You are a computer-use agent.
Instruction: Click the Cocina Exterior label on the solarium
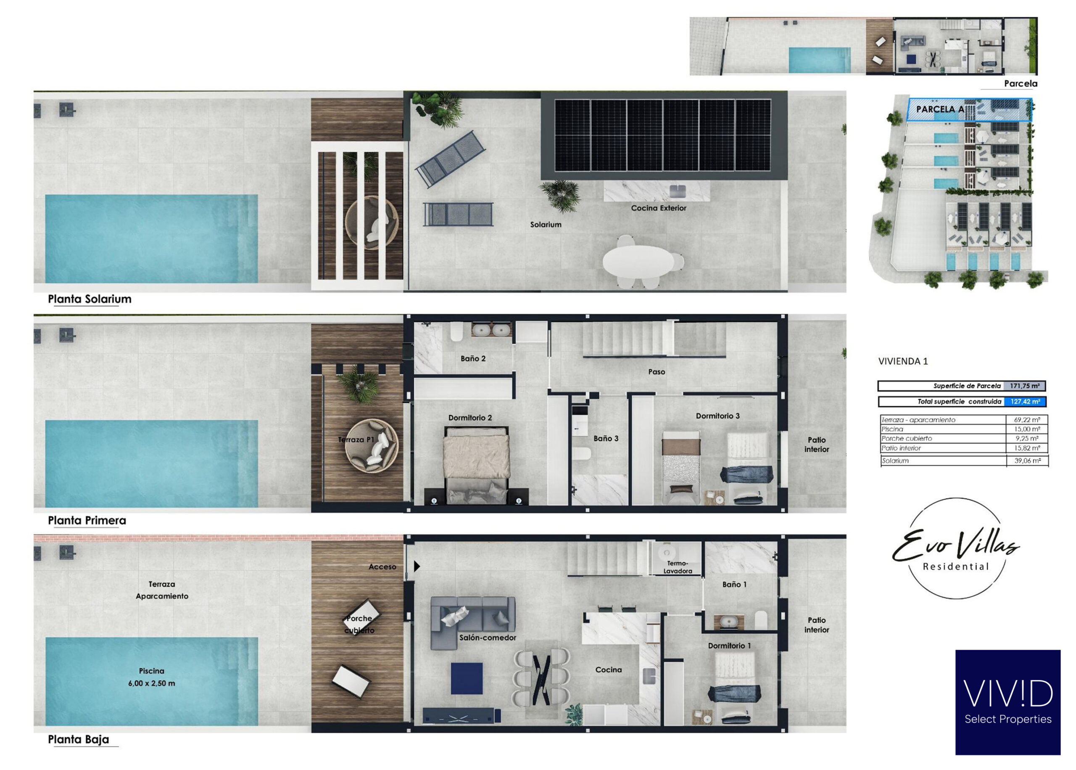[x=658, y=208]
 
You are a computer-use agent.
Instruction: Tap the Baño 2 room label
[x=473, y=358]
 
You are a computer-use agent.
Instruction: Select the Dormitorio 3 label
[x=717, y=416]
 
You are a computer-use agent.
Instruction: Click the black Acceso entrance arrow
[x=417, y=566]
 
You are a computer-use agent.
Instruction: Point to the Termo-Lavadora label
[x=678, y=567]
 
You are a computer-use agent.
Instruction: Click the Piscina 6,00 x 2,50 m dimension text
[x=152, y=677]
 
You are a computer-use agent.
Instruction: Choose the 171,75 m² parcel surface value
[x=1024, y=386]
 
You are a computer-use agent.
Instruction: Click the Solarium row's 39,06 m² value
[x=1027, y=460]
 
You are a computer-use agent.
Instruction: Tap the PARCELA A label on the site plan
[x=940, y=109]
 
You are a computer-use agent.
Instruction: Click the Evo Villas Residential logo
[x=956, y=548]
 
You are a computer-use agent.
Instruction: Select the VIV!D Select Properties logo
[x=1008, y=702]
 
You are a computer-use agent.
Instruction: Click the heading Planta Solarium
[x=90, y=299]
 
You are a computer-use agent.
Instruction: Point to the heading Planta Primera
[x=87, y=521]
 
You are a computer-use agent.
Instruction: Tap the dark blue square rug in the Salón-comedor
[x=467, y=678]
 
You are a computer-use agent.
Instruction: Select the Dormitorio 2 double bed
[x=476, y=465]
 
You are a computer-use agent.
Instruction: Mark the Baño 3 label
[x=606, y=439]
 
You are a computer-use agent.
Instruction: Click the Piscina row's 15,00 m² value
[x=1027, y=429]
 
